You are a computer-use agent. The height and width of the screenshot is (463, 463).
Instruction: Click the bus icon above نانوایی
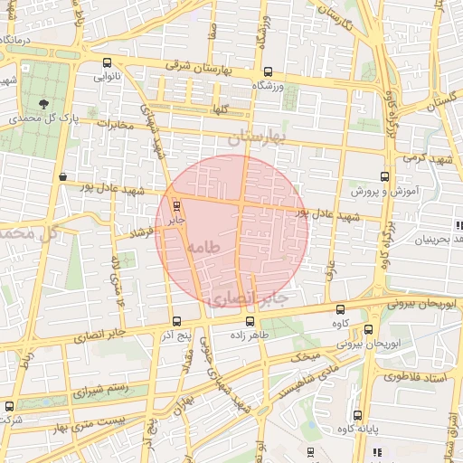click(109, 63)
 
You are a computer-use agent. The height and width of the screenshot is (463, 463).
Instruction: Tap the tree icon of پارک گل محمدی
click(44, 102)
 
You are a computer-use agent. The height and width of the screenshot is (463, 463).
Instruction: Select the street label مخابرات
click(114, 124)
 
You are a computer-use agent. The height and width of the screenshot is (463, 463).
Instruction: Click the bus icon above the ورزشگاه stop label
click(267, 71)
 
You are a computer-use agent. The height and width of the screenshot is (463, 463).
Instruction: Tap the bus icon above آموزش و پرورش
click(385, 177)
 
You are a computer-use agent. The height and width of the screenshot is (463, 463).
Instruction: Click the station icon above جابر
click(176, 205)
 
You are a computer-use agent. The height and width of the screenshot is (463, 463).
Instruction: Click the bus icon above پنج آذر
click(176, 321)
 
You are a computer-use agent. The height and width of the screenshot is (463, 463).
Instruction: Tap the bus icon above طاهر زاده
click(250, 321)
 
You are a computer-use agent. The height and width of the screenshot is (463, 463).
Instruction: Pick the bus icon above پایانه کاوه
click(359, 415)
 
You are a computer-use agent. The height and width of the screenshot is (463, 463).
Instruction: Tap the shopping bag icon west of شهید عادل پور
click(62, 177)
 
